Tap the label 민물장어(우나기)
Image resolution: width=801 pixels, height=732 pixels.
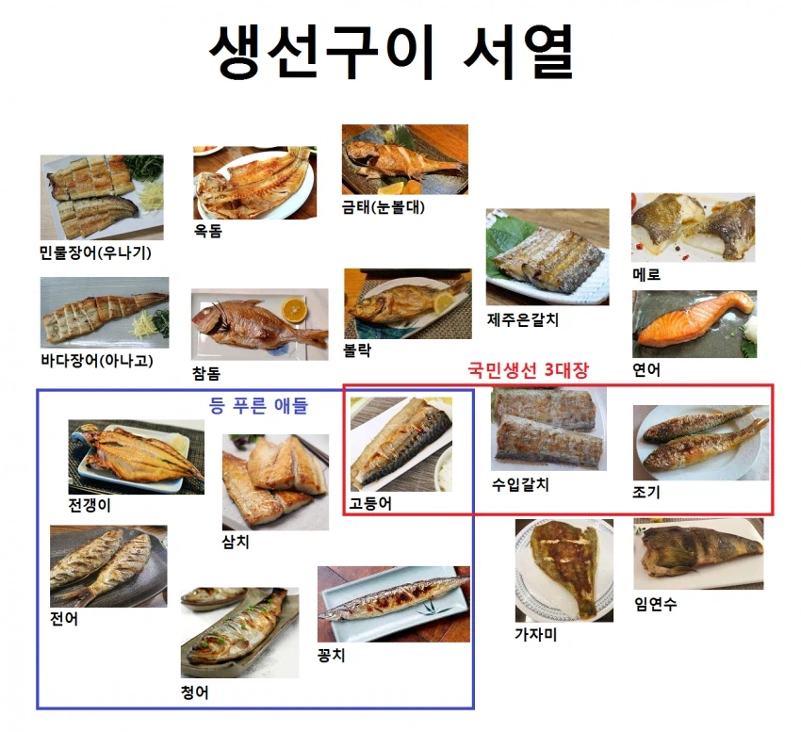pyautogui.click(x=95, y=252)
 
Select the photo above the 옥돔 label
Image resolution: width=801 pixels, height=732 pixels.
pyautogui.click(x=253, y=182)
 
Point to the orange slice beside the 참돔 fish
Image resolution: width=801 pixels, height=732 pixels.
pyautogui.click(x=297, y=307)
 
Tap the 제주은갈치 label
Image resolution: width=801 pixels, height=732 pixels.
pyautogui.click(x=523, y=319)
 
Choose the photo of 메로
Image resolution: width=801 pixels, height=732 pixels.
pyautogui.click(x=693, y=227)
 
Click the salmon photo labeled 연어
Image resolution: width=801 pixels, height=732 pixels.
pyautogui.click(x=694, y=323)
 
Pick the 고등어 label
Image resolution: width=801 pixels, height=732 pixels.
pyautogui.click(x=370, y=503)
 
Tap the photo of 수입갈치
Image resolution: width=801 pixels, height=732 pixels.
pyautogui.click(x=548, y=428)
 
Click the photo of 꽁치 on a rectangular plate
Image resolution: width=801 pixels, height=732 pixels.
pyautogui.click(x=393, y=603)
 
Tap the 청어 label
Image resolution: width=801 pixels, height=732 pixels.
pyautogui.click(x=194, y=692)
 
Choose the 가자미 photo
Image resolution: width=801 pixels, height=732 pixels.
pyautogui.click(x=564, y=569)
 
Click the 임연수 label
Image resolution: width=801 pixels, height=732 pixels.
pyautogui.click(x=655, y=604)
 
